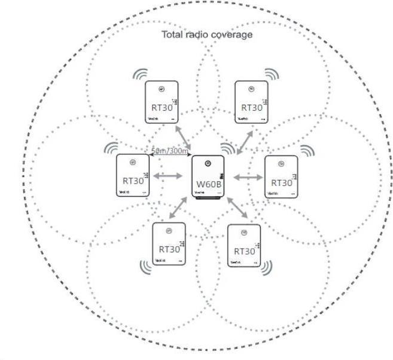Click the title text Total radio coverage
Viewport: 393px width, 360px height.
[x=207, y=34]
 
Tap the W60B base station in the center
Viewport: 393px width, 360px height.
[x=208, y=177]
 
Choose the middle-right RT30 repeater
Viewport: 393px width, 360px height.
[x=281, y=177]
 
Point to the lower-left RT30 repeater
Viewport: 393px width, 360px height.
[x=169, y=245]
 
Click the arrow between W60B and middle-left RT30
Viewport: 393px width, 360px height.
[x=168, y=176]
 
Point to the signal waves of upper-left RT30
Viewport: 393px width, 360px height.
[x=140, y=75]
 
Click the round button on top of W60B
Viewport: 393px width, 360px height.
[x=208, y=163]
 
